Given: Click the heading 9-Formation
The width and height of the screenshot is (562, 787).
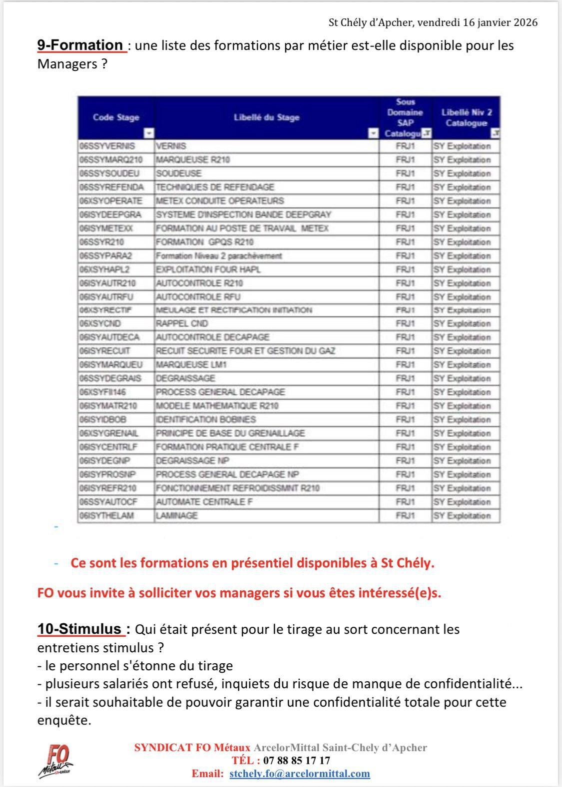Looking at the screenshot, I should [80, 45].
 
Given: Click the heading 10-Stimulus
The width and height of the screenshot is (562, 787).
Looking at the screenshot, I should [79, 629].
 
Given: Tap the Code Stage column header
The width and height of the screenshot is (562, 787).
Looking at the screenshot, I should [116, 117].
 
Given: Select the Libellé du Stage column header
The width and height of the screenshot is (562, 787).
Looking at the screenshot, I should [266, 117].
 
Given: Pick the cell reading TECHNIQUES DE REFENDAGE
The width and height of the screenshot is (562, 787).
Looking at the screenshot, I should [215, 187].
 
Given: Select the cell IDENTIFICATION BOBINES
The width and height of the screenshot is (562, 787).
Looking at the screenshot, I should [206, 419].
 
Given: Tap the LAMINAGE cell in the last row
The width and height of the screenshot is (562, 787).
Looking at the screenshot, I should [177, 516].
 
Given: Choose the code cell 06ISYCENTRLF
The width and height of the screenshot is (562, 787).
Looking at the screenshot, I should [108, 447].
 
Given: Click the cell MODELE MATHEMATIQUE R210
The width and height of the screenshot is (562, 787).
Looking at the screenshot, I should [217, 406].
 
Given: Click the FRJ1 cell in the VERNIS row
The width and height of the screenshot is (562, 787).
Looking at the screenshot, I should [405, 146].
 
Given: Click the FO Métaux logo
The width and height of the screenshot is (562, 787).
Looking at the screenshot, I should [56, 761].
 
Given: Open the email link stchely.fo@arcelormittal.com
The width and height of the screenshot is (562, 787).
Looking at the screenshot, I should [300, 774].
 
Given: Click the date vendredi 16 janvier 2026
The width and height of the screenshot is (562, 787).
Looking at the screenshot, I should [477, 22].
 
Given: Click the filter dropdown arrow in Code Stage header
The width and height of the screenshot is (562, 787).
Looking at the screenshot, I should [149, 133].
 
